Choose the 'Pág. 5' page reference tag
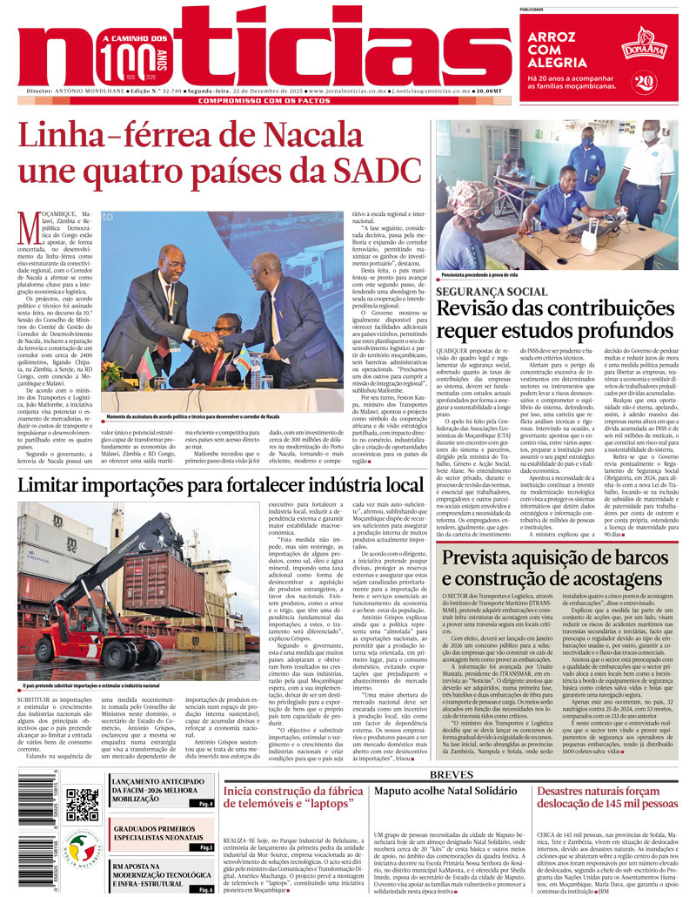point(205,847)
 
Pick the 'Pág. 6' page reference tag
point(205,889)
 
